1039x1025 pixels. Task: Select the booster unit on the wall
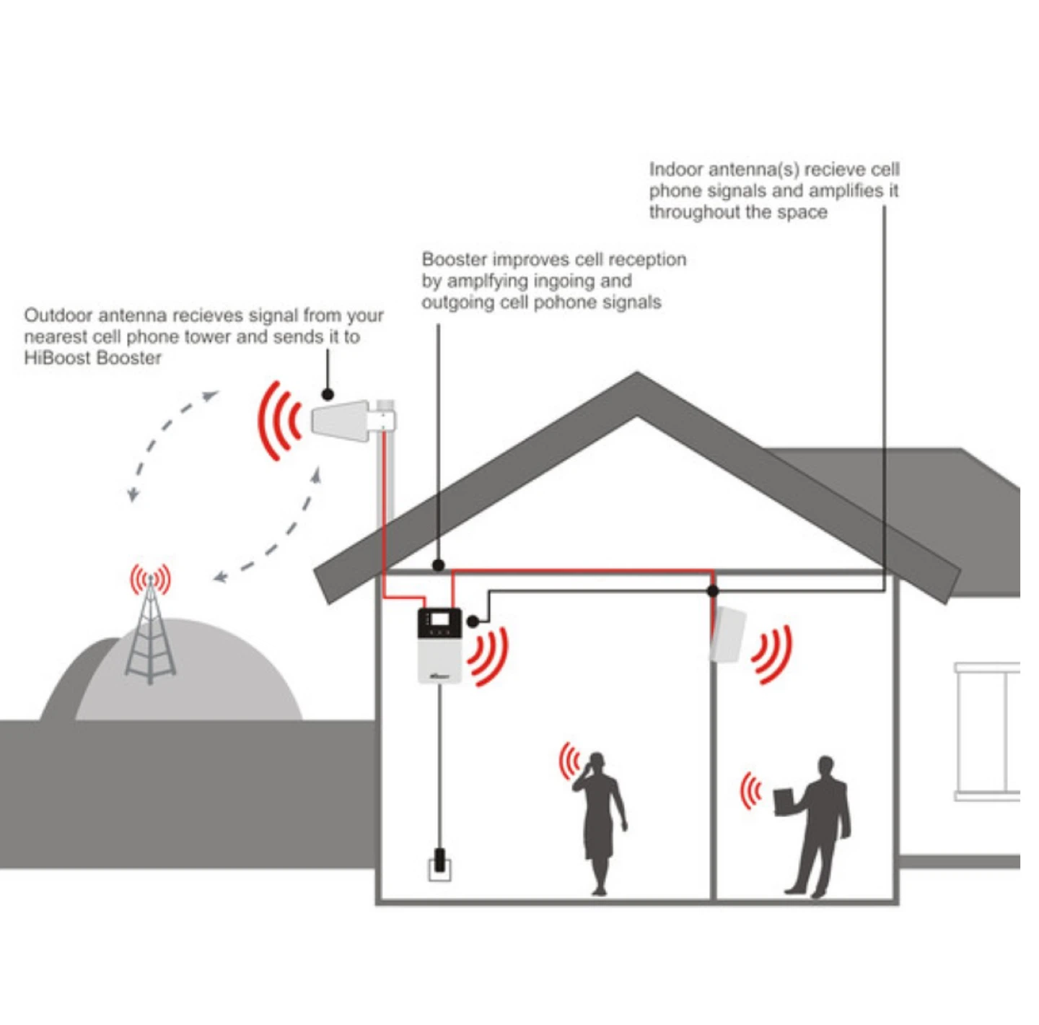440,646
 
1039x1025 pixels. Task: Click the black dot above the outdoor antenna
328,394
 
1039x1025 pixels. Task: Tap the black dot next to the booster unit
473,621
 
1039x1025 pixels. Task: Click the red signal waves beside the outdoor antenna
279,421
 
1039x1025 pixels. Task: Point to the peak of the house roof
637,372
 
